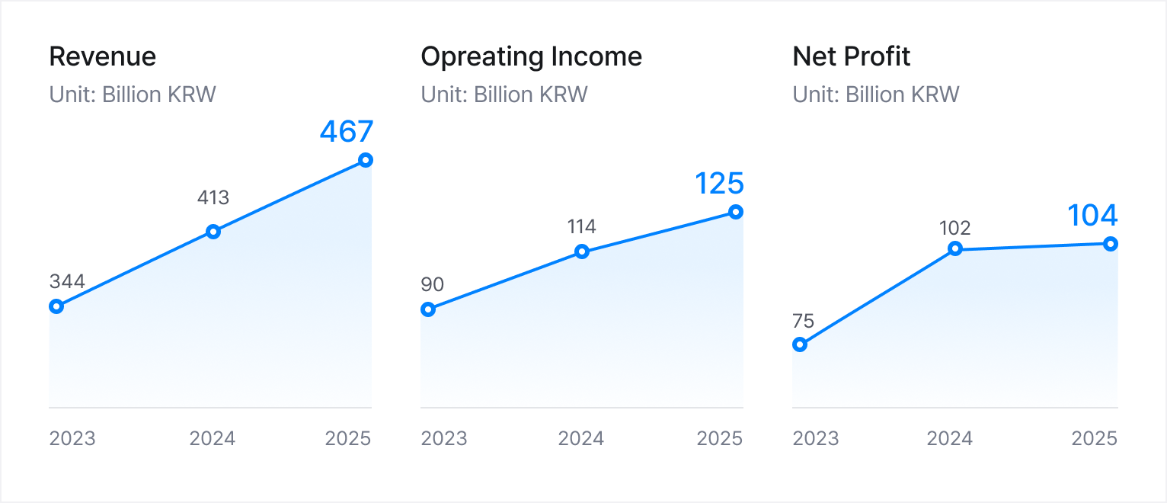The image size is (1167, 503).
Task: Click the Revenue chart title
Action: point(103,57)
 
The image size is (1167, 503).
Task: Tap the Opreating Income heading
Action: point(531,57)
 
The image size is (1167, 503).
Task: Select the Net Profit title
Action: point(852,57)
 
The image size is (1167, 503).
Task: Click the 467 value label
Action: point(347,131)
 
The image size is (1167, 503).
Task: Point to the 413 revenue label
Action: point(213,198)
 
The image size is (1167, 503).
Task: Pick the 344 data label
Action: point(67,281)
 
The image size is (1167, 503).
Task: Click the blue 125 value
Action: point(719,184)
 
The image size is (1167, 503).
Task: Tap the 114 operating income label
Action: point(581,226)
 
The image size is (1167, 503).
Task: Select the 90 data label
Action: point(432,285)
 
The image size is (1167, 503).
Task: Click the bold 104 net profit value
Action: point(1092,216)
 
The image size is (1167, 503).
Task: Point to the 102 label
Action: point(954,228)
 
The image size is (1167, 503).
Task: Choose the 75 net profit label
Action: point(803,321)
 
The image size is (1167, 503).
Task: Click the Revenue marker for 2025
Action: point(366,160)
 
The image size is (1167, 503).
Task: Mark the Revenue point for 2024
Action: point(213,232)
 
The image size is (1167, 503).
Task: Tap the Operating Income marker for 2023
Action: point(428,309)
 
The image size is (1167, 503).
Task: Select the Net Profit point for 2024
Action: point(954,248)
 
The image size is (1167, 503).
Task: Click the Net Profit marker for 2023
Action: point(800,344)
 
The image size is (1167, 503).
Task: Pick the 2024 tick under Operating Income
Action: point(581,439)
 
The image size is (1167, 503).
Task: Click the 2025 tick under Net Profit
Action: point(1094,439)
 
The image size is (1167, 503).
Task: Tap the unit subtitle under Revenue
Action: point(133,95)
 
